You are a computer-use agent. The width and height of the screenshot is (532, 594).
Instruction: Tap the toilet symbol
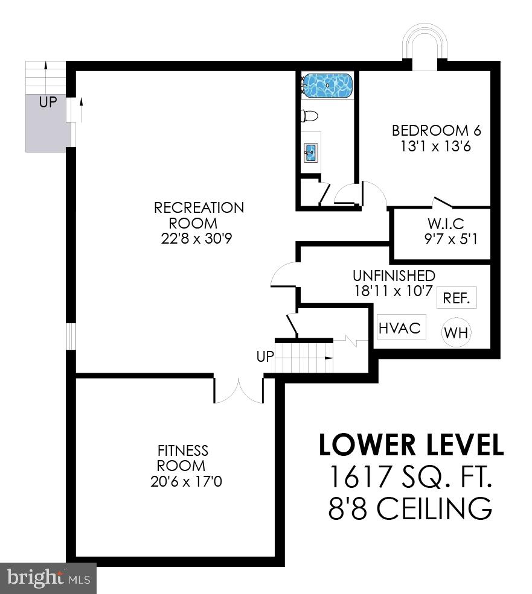[x=310, y=116]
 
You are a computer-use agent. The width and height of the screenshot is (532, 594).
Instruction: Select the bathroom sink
[x=311, y=153]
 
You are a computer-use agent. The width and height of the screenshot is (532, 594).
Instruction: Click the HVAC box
[x=399, y=328]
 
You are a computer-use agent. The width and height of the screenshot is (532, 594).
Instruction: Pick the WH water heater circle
[x=457, y=333]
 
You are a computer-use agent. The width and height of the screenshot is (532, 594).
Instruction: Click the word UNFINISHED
[x=394, y=276]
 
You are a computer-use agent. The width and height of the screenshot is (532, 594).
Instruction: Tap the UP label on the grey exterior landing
[x=48, y=103]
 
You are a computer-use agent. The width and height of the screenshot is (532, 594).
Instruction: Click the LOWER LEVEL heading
[x=411, y=445]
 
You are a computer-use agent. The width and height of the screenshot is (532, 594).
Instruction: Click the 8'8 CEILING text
[x=411, y=508]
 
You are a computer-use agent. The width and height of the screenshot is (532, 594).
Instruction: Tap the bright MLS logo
[x=48, y=578]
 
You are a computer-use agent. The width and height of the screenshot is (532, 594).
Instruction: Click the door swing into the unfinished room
[x=284, y=276]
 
